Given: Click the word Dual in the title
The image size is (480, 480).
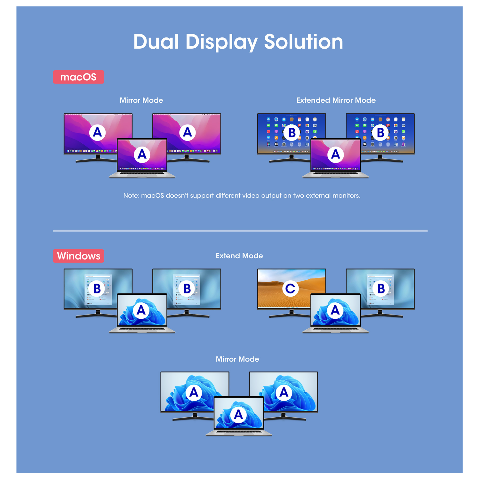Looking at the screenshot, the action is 156,42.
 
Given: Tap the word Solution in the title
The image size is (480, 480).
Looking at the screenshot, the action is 303,42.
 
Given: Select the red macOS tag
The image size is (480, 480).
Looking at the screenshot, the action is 78,77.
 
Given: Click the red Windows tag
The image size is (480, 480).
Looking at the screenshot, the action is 78,256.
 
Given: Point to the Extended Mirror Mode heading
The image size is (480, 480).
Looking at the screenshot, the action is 336,100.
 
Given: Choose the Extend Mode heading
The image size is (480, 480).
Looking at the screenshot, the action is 239,256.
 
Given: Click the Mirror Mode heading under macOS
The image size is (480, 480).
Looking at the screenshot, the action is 141,100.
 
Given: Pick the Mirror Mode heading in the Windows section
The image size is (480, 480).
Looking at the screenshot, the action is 237,359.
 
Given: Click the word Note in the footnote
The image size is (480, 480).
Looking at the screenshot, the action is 131,196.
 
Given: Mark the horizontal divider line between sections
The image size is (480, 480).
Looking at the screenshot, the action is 240,230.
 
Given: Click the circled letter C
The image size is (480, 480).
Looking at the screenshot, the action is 290,289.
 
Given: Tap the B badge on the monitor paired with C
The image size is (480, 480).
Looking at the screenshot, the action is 381,289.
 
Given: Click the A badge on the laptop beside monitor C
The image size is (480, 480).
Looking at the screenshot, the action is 335,310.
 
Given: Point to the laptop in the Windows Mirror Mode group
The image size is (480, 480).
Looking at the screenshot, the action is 238,416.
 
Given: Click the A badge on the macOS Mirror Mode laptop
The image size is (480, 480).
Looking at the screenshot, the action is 142,155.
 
